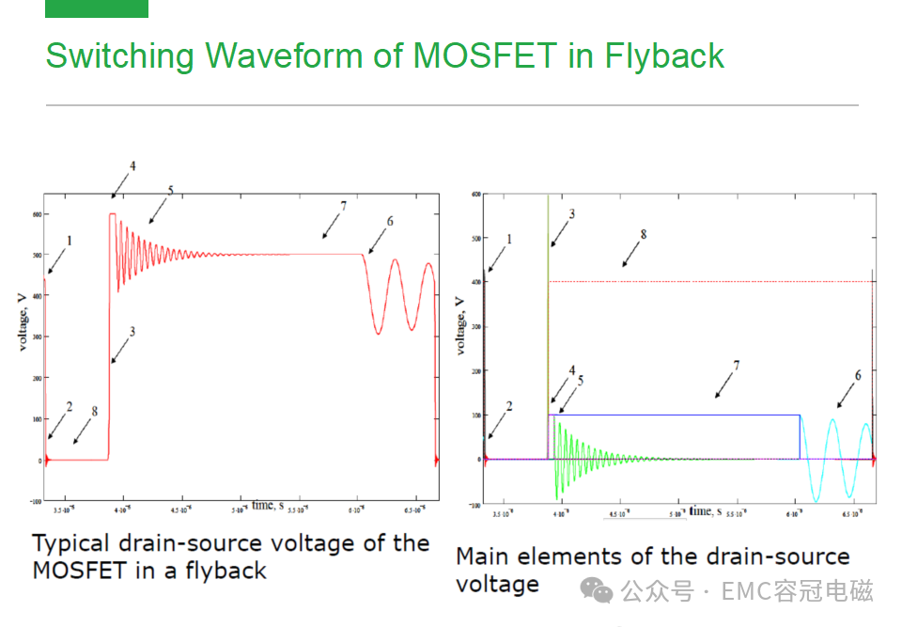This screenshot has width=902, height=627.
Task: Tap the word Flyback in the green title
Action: (665, 56)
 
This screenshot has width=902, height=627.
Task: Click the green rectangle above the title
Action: (97, 8)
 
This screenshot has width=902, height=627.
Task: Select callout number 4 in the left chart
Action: (132, 166)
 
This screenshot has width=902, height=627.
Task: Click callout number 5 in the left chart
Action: (170, 191)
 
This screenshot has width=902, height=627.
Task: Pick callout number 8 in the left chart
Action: (95, 412)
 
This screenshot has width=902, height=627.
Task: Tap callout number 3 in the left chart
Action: (132, 332)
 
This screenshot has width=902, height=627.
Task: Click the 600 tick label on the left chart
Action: (36, 214)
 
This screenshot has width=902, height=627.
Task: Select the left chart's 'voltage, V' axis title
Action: (21, 322)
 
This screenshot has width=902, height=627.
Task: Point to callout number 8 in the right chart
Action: (643, 234)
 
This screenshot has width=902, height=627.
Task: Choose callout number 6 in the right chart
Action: (858, 375)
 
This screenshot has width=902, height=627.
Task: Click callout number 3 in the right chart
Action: (571, 214)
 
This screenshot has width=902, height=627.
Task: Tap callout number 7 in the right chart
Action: (737, 365)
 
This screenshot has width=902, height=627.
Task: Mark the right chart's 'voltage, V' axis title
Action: (459, 324)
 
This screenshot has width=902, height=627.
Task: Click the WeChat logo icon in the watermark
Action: (598, 590)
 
